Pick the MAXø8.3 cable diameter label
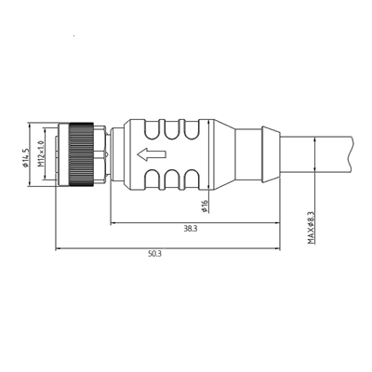tap(311, 227)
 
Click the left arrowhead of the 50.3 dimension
tap(60, 248)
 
